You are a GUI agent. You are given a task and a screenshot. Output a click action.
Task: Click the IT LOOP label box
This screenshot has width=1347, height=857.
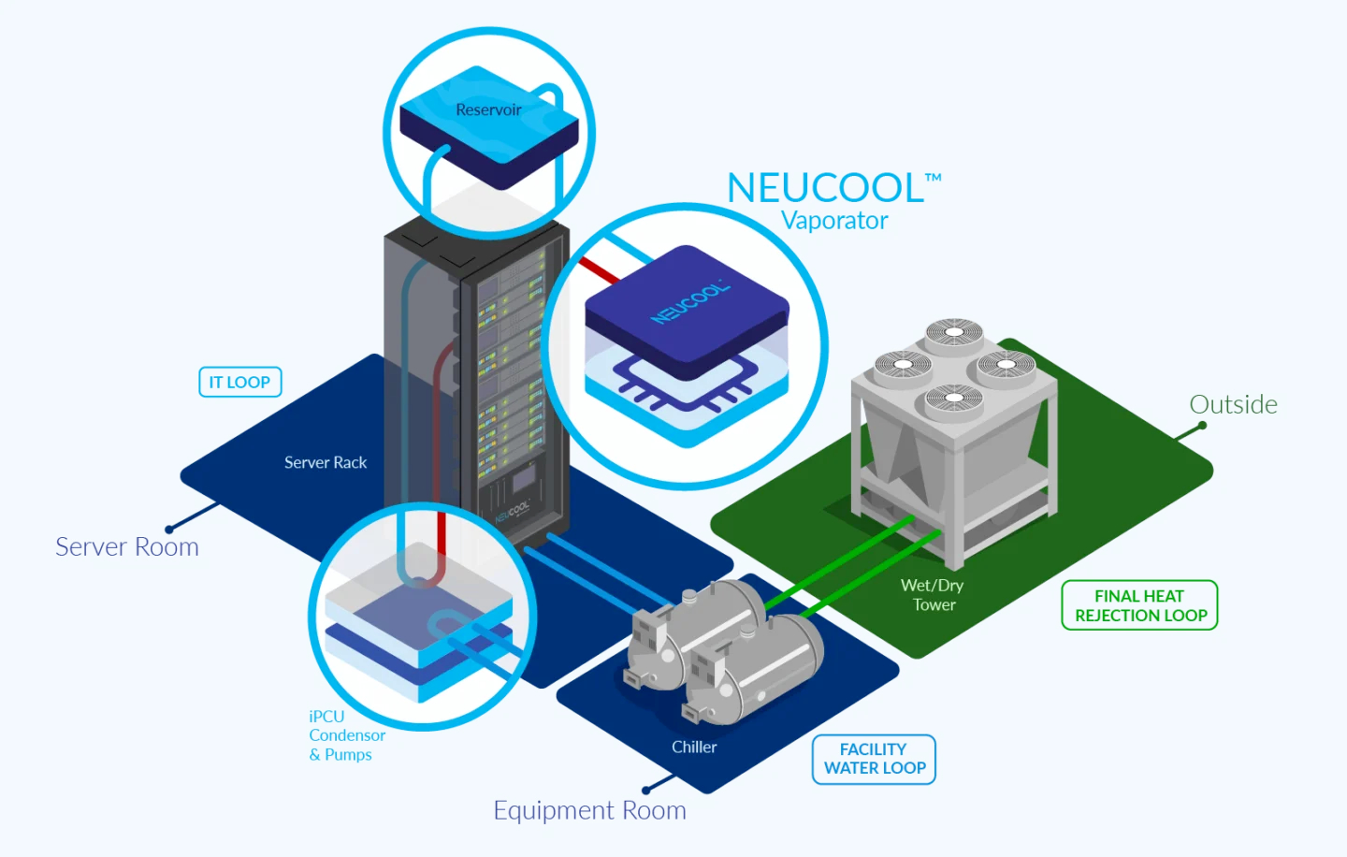(x=239, y=382)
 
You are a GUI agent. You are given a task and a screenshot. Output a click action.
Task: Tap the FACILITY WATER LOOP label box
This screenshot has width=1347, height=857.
(x=874, y=759)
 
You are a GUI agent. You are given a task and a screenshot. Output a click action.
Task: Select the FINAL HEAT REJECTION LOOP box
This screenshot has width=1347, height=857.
(x=1139, y=605)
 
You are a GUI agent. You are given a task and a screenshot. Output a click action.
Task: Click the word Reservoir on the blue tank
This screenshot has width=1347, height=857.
(x=488, y=109)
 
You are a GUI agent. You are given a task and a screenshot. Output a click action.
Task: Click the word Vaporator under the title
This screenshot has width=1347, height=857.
(x=834, y=221)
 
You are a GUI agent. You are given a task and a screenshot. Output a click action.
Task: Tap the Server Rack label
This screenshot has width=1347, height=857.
(x=326, y=462)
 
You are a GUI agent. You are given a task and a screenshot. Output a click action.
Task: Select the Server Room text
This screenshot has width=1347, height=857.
(x=127, y=546)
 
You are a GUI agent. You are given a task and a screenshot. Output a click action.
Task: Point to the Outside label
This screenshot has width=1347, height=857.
(x=1233, y=404)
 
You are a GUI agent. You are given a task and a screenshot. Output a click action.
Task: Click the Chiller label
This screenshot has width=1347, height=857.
(x=694, y=747)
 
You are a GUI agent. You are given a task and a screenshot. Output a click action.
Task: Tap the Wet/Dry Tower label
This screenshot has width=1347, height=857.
(x=933, y=595)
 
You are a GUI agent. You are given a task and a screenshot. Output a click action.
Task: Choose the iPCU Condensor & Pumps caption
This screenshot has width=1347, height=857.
(x=347, y=735)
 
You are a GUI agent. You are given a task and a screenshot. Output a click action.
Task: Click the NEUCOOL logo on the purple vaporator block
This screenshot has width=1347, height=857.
(x=691, y=302)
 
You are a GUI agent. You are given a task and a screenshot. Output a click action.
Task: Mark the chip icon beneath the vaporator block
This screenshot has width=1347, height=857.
(x=687, y=384)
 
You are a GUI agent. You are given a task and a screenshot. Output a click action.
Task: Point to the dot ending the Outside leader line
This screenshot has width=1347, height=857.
(x=1202, y=426)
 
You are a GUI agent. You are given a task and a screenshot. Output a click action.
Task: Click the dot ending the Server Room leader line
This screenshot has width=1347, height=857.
(x=169, y=530)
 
